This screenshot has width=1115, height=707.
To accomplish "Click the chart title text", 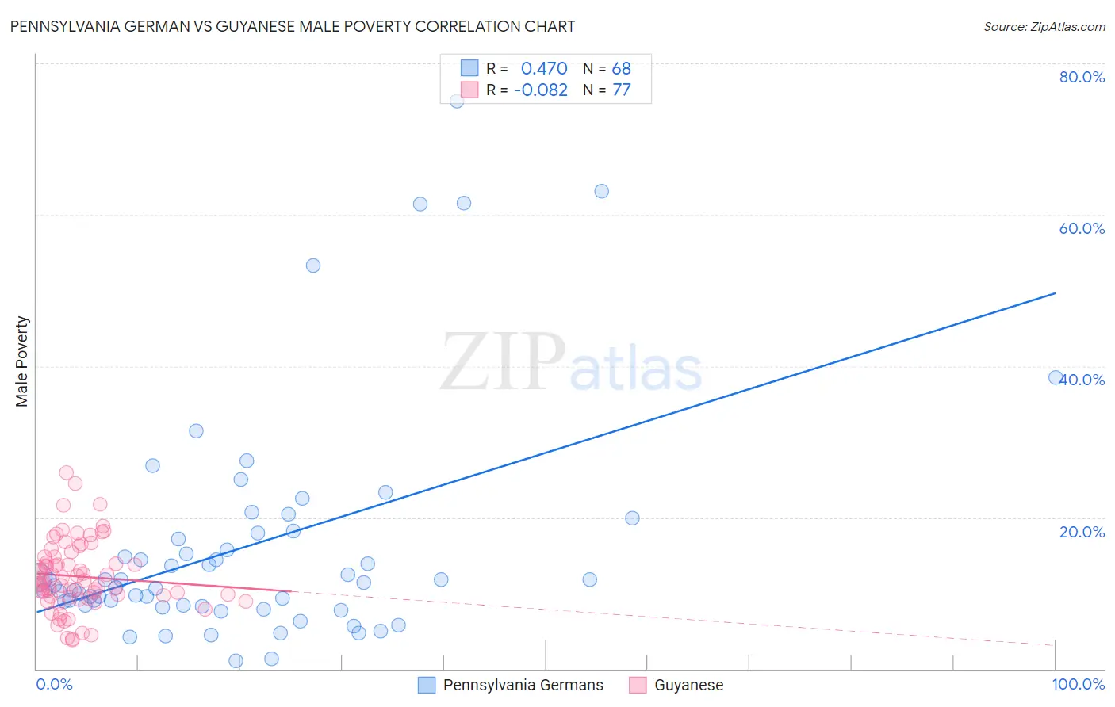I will (x=293, y=26).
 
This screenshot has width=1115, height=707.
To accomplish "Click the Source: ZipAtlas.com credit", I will (x=1044, y=26).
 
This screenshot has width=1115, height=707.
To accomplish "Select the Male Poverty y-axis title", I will (x=21, y=361).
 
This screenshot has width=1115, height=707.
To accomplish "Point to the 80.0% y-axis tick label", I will (x=1082, y=77).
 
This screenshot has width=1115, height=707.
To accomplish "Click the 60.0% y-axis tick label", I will (x=1082, y=228).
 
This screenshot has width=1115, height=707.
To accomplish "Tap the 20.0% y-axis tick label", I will (x=1082, y=531).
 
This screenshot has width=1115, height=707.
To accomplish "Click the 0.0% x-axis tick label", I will (x=54, y=684).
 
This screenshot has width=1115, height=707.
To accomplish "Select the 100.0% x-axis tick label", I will (x=1079, y=684).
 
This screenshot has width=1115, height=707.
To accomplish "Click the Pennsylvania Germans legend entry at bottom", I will (x=512, y=685).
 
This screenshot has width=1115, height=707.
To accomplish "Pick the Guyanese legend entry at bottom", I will (x=677, y=685).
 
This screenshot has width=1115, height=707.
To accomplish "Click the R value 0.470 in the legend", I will (x=544, y=68).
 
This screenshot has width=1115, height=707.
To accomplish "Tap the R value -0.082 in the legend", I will (x=541, y=90).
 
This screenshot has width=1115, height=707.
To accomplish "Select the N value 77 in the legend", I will (x=622, y=90).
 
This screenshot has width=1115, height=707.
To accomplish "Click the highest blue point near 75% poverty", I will (x=457, y=101).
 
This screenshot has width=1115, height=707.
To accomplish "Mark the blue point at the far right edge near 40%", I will (x=1056, y=377).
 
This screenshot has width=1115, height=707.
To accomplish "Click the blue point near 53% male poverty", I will (x=313, y=266).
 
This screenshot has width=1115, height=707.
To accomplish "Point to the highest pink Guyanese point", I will (x=67, y=472).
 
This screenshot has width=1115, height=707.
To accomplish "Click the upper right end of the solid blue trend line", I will (x=1055, y=293).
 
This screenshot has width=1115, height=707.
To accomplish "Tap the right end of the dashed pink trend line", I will (x=1055, y=645).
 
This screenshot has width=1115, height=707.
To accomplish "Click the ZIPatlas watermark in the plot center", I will (x=571, y=363).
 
